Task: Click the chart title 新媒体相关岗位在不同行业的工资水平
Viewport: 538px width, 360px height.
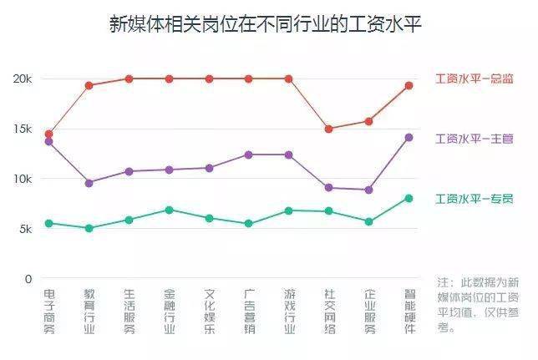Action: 265,24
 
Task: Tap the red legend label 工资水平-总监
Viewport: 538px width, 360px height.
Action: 475,79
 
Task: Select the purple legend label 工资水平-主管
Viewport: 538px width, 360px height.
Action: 475,139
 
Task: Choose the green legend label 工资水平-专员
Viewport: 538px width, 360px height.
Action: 475,199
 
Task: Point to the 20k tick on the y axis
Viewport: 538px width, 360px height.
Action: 23,79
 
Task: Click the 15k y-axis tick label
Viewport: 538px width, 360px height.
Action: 23,129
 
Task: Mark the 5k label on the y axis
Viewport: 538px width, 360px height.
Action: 25,229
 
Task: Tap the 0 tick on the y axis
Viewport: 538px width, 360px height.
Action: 28,279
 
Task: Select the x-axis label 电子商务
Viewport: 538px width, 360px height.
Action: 49,312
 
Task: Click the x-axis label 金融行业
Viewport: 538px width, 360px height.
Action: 169,312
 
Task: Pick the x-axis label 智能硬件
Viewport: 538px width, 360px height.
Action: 409,312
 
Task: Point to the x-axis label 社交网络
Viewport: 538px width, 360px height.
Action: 329,312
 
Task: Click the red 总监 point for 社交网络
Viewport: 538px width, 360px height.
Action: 328,129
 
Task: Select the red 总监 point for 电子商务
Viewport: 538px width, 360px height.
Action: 49,134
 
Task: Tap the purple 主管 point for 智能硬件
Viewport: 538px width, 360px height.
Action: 409,138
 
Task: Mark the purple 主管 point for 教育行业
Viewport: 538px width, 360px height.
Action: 89,183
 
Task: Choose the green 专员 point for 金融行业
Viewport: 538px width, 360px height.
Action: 169,210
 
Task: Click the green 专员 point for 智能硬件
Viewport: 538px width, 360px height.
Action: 409,198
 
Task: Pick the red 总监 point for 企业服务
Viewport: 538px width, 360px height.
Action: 369,121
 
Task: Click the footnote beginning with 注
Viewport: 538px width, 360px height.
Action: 478,305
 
